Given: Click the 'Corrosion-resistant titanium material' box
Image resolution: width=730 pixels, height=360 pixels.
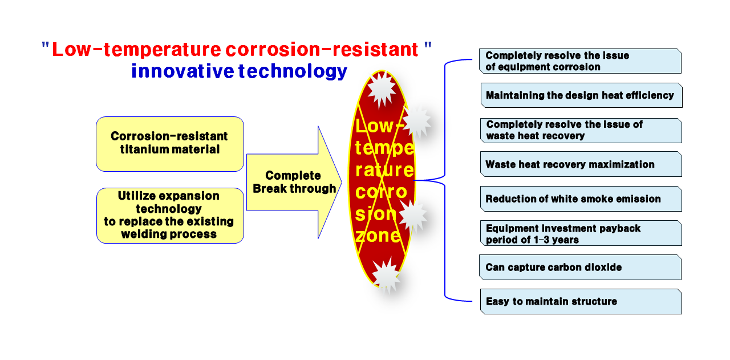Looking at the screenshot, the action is (170, 144).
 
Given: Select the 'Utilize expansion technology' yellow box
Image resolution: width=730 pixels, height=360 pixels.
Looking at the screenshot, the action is (170, 216).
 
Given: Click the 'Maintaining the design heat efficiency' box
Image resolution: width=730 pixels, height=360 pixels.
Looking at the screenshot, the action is (581, 95).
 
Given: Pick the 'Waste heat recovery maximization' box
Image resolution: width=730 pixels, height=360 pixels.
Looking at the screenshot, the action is (581, 164).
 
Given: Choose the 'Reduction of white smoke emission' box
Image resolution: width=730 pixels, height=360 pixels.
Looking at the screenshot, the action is (581, 199).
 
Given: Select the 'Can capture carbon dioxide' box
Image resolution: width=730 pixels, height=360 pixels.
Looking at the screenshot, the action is (580, 268).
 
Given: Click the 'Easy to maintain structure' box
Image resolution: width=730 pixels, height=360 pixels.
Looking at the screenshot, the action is (581, 302).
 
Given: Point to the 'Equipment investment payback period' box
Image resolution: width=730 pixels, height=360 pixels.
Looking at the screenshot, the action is (581, 233).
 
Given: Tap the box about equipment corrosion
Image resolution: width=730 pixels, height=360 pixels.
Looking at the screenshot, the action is (580, 61).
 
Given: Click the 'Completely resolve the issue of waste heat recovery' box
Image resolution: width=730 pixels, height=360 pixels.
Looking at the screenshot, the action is (581, 131).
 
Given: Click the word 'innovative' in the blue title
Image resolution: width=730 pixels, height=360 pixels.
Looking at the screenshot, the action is (182, 71).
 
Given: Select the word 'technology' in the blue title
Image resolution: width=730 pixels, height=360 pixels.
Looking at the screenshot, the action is (293, 71).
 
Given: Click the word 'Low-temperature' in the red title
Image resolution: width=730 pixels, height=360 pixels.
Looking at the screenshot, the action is (136, 50).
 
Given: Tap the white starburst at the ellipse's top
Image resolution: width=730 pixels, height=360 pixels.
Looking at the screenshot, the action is (382, 89).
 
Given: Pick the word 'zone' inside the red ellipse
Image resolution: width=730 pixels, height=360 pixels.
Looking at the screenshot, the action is (378, 236).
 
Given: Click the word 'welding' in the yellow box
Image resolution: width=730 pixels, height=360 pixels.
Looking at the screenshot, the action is (143, 234).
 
